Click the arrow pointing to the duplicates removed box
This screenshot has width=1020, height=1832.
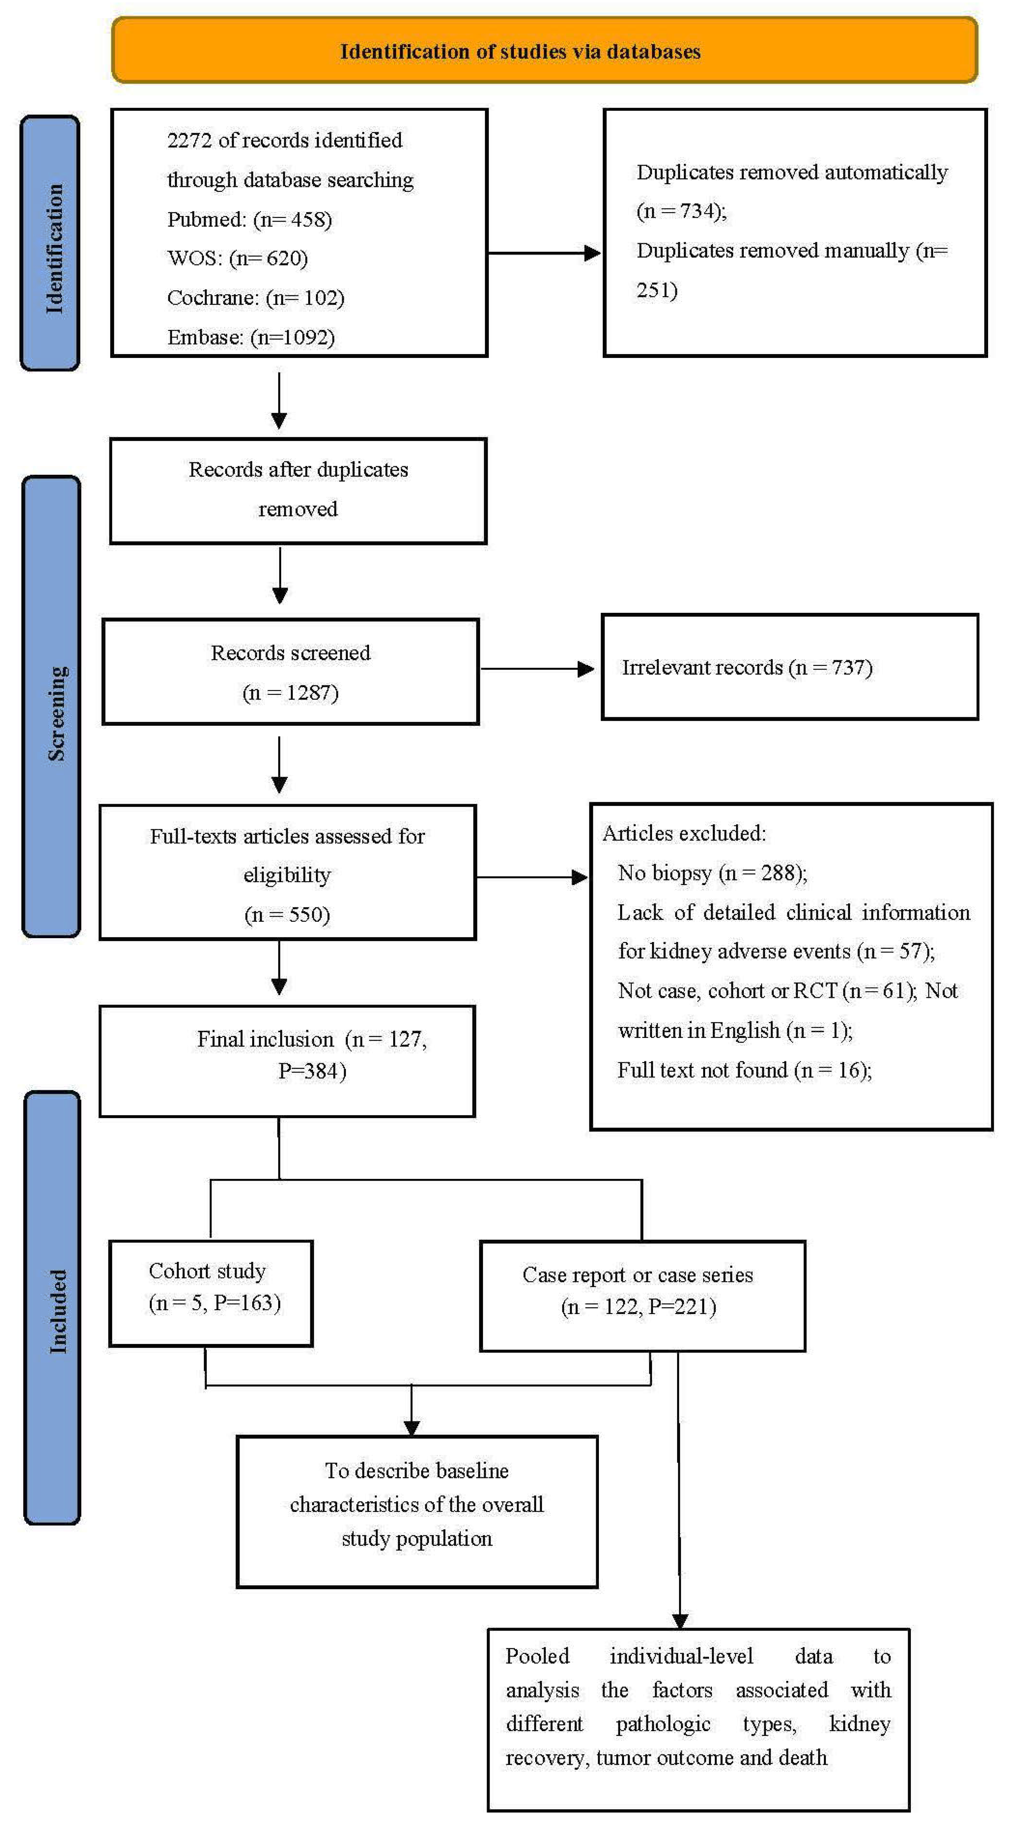[544, 252]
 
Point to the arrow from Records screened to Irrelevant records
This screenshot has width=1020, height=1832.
[537, 668]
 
